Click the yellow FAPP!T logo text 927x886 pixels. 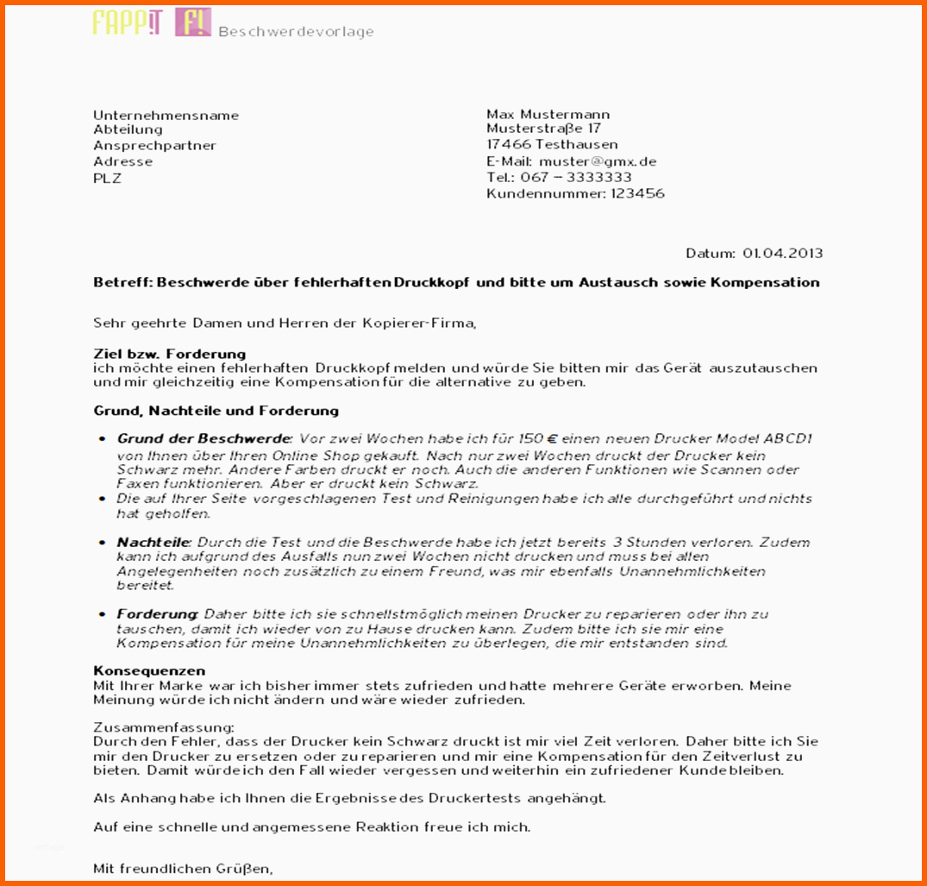pos(128,22)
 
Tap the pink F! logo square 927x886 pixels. pos(192,22)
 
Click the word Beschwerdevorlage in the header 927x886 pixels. pos(296,32)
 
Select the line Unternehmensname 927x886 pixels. pos(166,116)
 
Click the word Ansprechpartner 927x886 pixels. pos(154,146)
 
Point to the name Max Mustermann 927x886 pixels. pos(548,114)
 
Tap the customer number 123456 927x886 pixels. pos(637,193)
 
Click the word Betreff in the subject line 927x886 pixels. pos(122,282)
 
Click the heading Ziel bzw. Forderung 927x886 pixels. pos(169,354)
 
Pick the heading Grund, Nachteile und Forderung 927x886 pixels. pos(216,411)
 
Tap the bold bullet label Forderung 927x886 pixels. pos(156,614)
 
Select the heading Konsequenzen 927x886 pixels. pos(148,670)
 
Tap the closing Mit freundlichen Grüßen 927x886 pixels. pos(183,869)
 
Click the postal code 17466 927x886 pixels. pos(508,145)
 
